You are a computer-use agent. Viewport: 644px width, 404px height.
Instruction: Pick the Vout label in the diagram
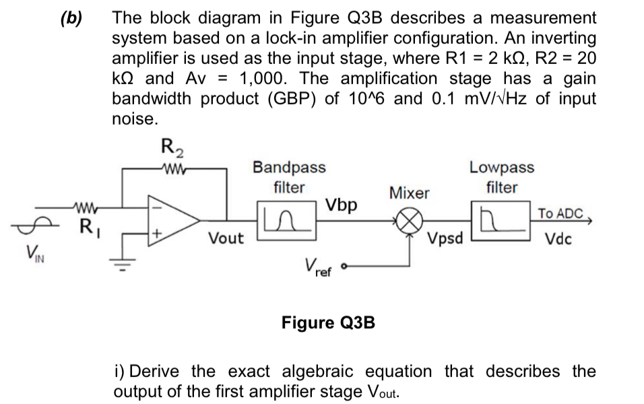pyautogui.click(x=226, y=238)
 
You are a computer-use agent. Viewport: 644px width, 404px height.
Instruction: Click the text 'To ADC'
pyautogui.click(x=559, y=213)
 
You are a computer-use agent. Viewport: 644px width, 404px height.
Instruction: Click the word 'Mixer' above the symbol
pyautogui.click(x=410, y=193)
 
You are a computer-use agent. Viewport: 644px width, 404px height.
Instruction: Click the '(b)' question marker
pyautogui.click(x=71, y=18)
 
